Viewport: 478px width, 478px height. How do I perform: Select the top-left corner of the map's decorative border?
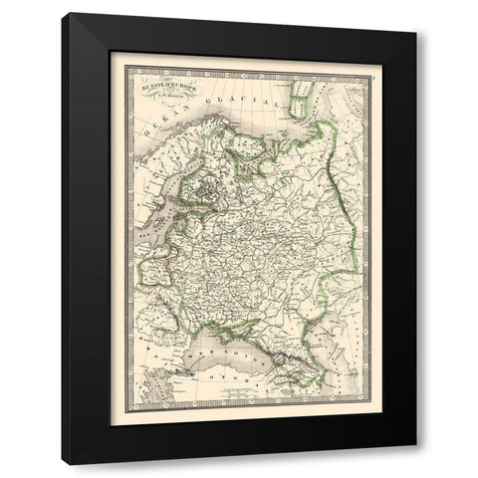coord(112,55)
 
